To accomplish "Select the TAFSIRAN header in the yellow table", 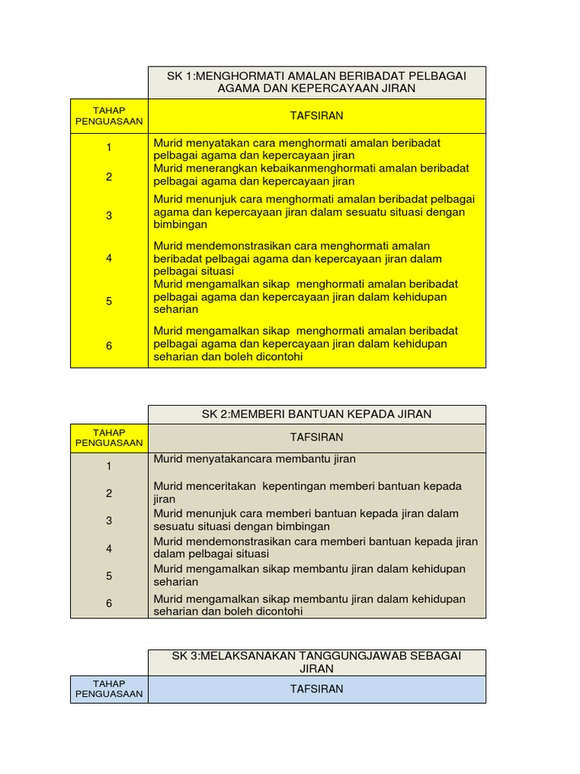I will pyautogui.click(x=316, y=116).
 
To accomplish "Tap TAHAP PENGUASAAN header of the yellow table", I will pyautogui.click(x=109, y=116).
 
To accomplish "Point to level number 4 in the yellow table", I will pyautogui.click(x=109, y=259).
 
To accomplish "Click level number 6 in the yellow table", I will pyautogui.click(x=109, y=345).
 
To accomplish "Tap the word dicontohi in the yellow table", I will pyautogui.click(x=276, y=357).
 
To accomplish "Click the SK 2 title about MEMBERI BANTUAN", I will pyautogui.click(x=316, y=414).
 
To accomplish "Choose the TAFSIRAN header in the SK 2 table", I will pyautogui.click(x=316, y=438).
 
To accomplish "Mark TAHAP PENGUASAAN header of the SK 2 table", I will pyautogui.click(x=109, y=438).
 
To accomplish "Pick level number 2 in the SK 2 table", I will pyautogui.click(x=109, y=494).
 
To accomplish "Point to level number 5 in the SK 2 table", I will pyautogui.click(x=109, y=576).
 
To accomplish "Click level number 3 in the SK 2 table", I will pyautogui.click(x=109, y=521).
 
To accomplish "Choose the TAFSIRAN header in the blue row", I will pyautogui.click(x=316, y=689).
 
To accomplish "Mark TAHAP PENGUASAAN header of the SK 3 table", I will pyautogui.click(x=109, y=689).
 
